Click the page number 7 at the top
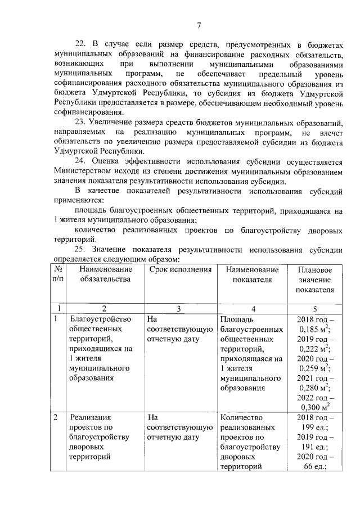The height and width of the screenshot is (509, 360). pos(200,25)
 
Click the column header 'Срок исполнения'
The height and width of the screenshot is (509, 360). pos(180,270)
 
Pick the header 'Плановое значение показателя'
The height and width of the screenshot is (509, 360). pos(315,280)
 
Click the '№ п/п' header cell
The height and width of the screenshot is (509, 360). pos(58,275)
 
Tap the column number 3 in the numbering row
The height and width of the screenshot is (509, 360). pos(179,308)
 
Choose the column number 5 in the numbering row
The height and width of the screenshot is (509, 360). pos(315,308)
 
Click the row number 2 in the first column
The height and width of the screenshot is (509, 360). pos(56,417)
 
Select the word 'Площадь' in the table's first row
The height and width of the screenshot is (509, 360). pos(237,319)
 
